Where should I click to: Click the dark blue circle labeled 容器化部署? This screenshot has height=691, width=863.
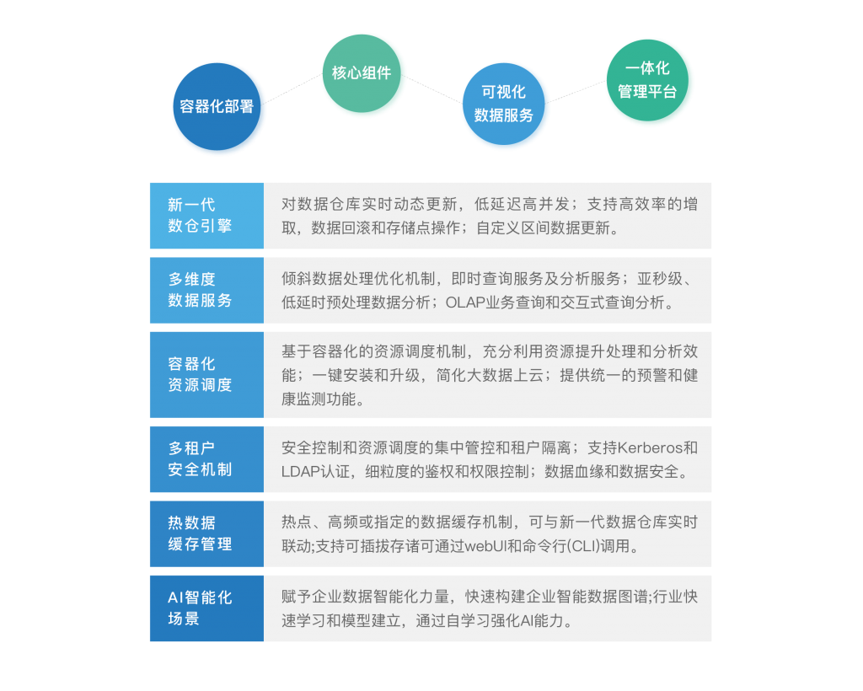[x=217, y=107]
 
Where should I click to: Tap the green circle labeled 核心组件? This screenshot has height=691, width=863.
[x=362, y=73]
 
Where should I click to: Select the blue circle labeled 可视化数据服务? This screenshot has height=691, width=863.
[x=504, y=104]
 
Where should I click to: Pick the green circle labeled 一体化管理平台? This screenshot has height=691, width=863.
[x=647, y=80]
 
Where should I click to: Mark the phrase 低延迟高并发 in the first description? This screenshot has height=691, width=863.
[x=522, y=205]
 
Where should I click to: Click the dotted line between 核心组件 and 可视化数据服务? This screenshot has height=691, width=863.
[x=432, y=89]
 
